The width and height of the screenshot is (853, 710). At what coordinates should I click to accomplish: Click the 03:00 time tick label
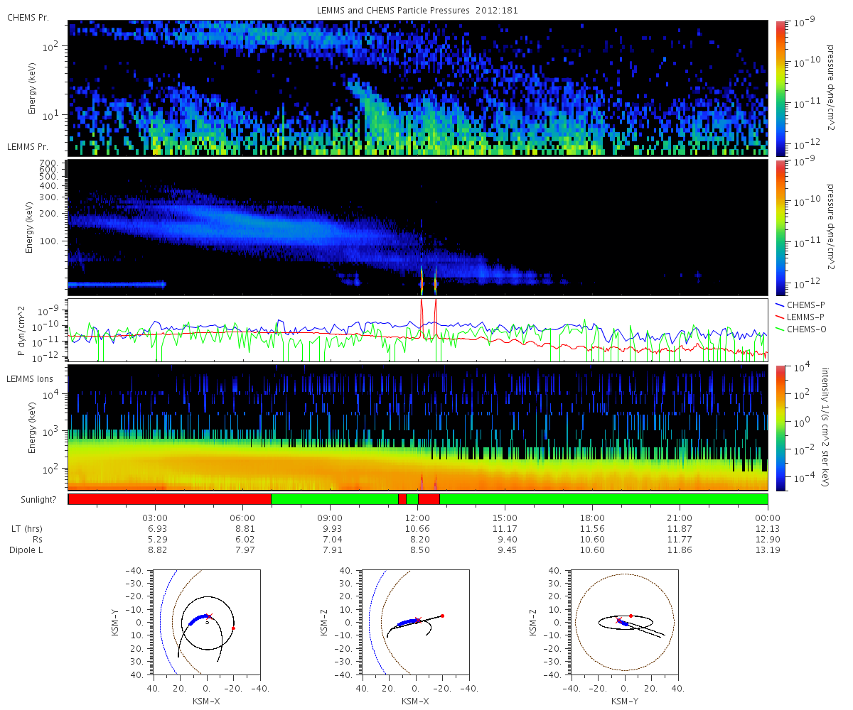[x=155, y=518]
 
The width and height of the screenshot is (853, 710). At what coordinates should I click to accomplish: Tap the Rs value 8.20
[x=418, y=540]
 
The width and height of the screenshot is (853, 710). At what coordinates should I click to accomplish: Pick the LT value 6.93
[x=155, y=529]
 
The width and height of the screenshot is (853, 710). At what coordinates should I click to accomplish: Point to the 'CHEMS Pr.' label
[x=28, y=16]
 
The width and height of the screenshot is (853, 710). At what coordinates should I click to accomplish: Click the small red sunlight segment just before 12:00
[x=402, y=499]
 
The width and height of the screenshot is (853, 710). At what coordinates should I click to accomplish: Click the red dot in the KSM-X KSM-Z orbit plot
[x=442, y=616]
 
